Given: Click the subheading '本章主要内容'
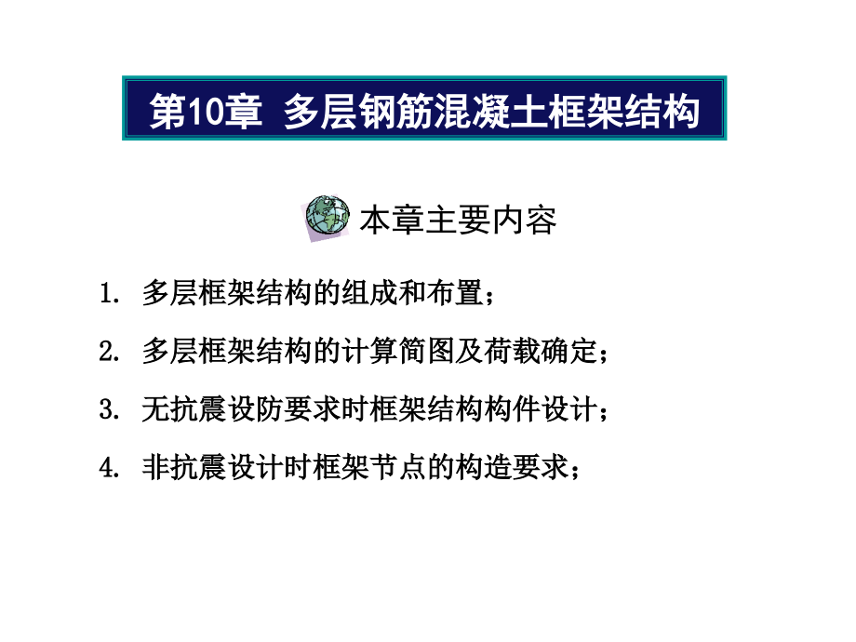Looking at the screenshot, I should [458, 221].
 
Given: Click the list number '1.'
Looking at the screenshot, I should [109, 295].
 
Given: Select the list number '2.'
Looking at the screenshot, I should [109, 352].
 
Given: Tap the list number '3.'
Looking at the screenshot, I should [109, 409].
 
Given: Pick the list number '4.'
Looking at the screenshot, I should [109, 466].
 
